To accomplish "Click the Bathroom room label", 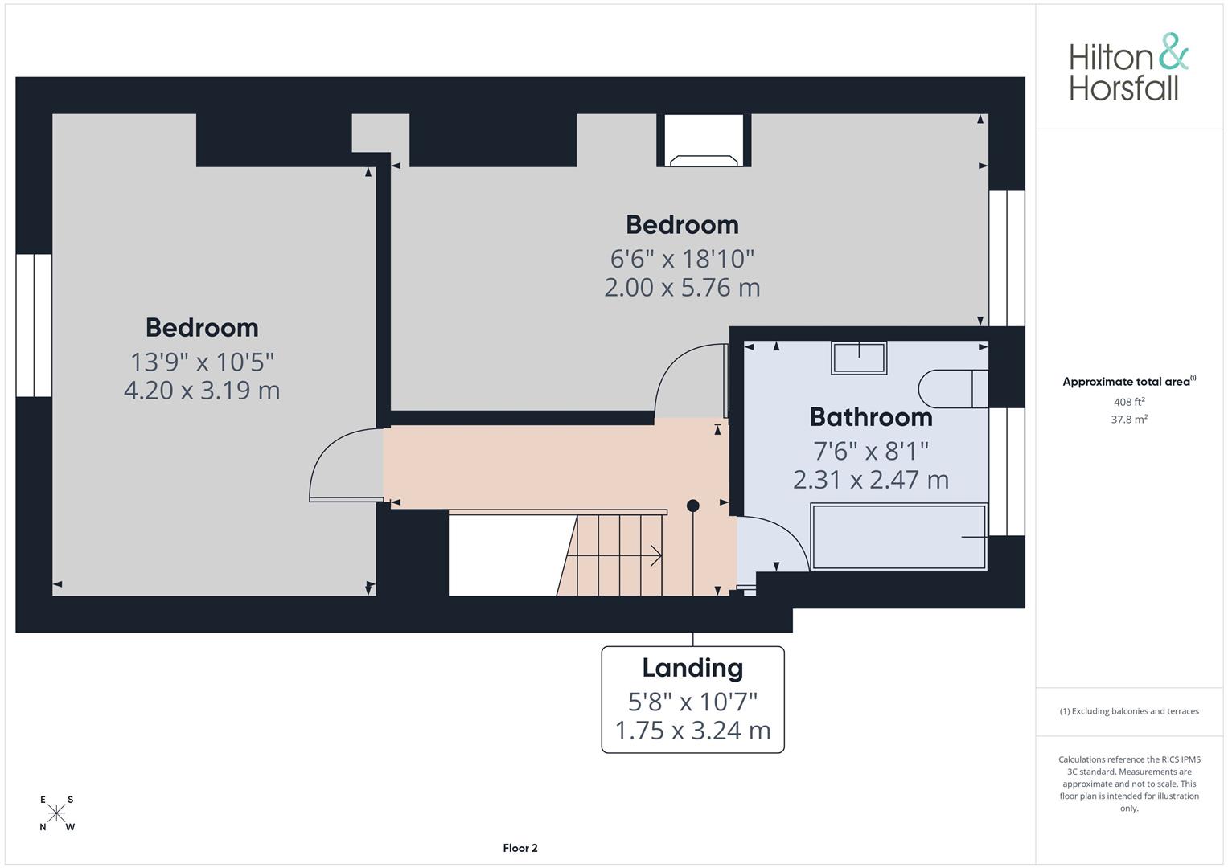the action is coord(871,417).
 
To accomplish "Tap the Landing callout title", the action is coord(693,668).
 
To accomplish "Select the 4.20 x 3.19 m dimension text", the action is coord(202,390).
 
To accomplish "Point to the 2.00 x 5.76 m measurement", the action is coord(682,288).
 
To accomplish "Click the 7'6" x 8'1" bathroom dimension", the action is coord(871,451).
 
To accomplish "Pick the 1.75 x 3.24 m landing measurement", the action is coord(693,731).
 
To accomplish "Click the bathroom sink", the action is coord(859,358).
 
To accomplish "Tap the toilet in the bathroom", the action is coord(953,389).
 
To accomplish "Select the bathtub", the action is coord(899,537).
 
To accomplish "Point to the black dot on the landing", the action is coord(693,506).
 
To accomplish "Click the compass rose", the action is coord(56,813).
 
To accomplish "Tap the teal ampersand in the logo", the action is coord(1173,51).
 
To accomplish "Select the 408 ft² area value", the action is coord(1129,402).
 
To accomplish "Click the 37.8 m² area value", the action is coord(1129,420).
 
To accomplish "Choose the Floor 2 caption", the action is coord(520,848).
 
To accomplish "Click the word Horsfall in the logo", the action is coord(1123,88).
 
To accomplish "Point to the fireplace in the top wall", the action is coord(704,141).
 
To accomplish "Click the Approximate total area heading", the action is coord(1129,382).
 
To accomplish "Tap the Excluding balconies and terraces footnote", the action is coord(1129,711).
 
